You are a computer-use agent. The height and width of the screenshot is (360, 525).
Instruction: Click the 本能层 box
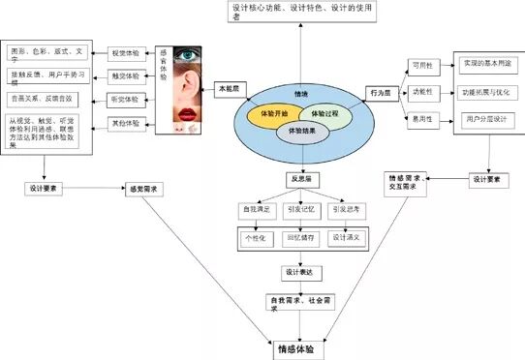pos(229,88)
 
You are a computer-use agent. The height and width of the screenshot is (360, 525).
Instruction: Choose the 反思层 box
pos(298,179)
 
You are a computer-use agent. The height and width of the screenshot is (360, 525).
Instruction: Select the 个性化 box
pos(254,236)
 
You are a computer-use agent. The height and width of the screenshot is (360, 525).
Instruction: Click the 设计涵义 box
pos(346,236)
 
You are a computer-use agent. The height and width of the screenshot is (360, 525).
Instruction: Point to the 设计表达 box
pos(298,272)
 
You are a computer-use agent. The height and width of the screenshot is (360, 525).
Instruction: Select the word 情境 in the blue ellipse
pos(300,95)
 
